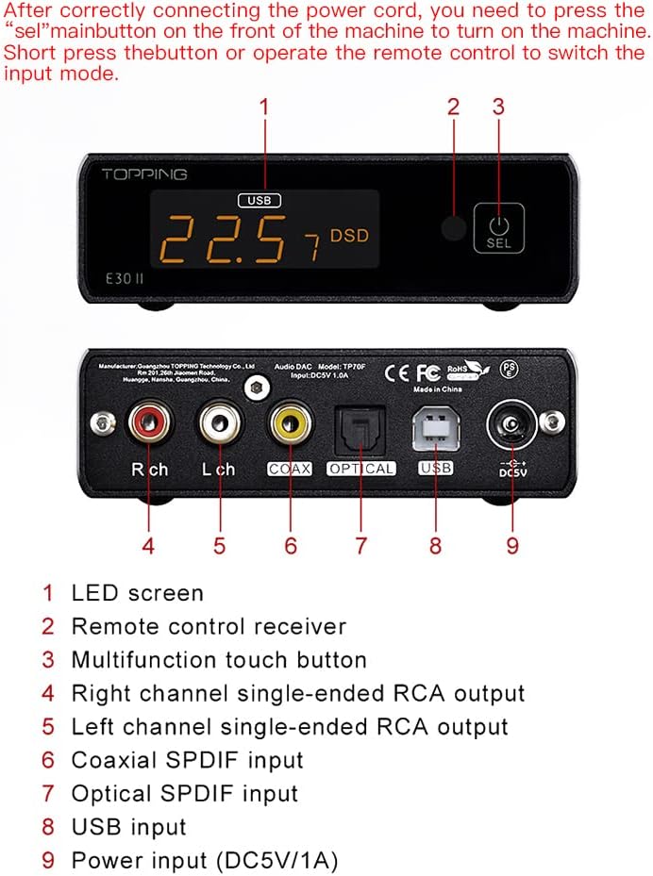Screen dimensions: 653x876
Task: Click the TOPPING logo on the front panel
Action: coord(144,174)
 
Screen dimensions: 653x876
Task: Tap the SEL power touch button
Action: coord(499,229)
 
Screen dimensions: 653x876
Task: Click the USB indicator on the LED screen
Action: coord(260,200)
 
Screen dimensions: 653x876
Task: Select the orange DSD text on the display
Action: coord(349,234)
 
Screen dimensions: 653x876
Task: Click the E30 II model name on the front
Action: coord(126,279)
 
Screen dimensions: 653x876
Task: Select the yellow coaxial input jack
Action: coord(289,424)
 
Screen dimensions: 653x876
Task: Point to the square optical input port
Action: coord(361,428)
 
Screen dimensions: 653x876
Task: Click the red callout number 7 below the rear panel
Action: coord(360,545)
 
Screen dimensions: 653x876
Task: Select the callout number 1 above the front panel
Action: coord(264,107)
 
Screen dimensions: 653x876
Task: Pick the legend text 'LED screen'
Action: coord(138,593)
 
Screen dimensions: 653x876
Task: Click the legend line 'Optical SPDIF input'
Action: coord(185,794)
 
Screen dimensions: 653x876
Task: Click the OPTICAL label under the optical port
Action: coord(361,469)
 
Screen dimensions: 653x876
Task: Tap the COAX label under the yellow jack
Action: coord(289,469)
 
